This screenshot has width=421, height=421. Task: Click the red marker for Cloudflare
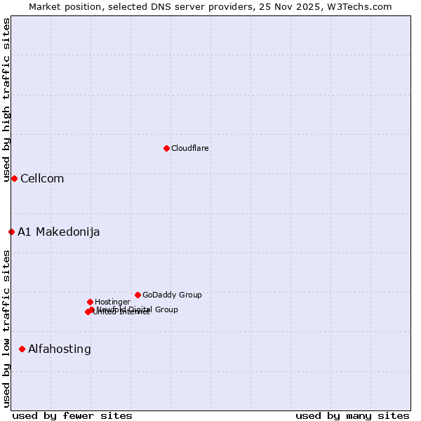click(166, 148)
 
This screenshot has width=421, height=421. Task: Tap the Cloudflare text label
click(189, 148)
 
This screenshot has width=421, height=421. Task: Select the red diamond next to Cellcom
click(14, 178)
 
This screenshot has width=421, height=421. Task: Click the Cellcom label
click(42, 178)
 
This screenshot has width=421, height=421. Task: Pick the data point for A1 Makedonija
click(11, 232)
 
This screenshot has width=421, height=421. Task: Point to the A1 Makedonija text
click(59, 232)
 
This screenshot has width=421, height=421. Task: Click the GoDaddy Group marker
click(138, 295)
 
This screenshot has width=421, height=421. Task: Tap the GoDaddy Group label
click(172, 295)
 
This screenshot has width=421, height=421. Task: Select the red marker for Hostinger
click(90, 302)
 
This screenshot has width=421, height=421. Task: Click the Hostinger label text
click(112, 302)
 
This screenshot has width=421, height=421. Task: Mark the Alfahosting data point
click(22, 349)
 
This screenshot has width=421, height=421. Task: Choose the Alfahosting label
click(60, 349)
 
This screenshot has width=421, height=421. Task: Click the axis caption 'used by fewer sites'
click(72, 415)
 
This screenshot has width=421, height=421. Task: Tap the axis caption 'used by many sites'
click(352, 415)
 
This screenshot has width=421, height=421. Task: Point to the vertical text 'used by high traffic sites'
click(6, 100)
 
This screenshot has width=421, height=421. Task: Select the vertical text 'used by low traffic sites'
click(6, 328)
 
